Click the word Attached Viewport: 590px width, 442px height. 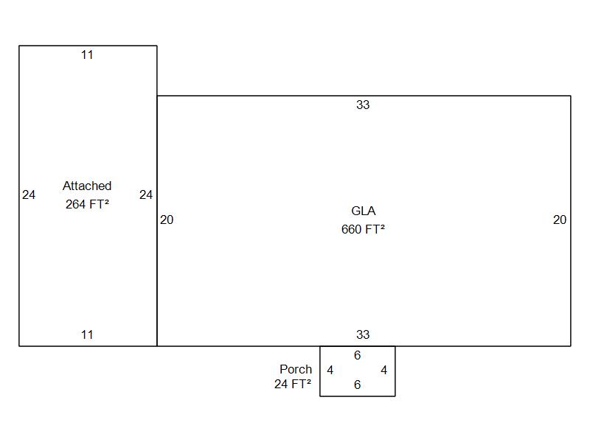87,186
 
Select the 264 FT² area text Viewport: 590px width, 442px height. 87,204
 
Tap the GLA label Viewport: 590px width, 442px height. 363,211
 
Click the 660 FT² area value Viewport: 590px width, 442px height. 363,229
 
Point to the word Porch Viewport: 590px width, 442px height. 296,369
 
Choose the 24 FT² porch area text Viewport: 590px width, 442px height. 293,384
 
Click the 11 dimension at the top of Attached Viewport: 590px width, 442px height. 87,55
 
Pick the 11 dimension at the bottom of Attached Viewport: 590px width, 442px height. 87,334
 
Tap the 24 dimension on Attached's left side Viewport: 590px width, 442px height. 29,194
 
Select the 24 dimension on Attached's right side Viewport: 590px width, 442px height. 146,194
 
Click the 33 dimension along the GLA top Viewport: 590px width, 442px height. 363,105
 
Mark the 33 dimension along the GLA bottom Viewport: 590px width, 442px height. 363,334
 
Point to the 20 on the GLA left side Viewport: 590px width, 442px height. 167,220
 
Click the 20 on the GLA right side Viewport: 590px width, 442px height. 560,220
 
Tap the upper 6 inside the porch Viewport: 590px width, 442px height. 358,355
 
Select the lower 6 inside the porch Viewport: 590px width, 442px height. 358,385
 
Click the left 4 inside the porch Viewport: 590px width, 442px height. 330,371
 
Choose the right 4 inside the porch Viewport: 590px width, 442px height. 383,371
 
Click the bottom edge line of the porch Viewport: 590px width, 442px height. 358,396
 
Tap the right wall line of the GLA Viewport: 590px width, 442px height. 571,221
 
